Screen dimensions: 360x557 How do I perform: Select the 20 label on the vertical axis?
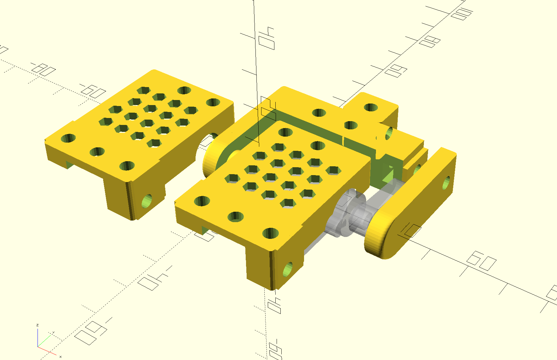pos(268,109)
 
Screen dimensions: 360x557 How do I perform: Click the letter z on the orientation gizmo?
pos(38,325)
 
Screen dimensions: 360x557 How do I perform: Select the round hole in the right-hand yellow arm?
pos(447,183)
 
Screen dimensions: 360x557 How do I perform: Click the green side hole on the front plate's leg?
pos(287,270)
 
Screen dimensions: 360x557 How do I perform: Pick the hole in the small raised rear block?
pos(371,107)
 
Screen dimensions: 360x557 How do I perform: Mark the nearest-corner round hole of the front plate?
pos(270,233)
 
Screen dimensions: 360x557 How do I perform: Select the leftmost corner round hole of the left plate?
pos(68,138)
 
